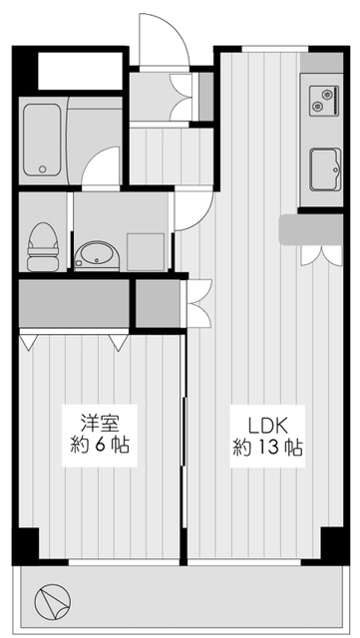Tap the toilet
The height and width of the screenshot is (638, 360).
(x=42, y=244)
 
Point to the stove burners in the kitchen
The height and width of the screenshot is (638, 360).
(x=323, y=102)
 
